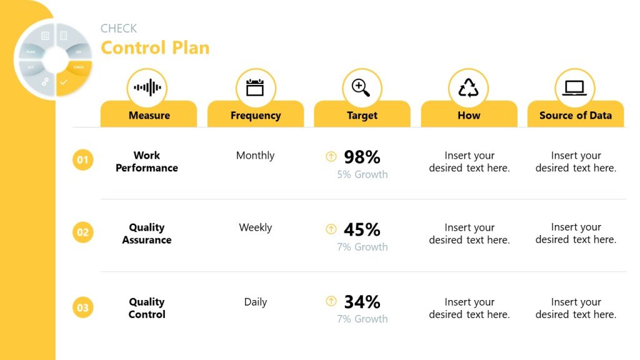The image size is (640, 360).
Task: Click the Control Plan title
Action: tap(155, 48)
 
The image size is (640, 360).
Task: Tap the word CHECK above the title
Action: tap(119, 28)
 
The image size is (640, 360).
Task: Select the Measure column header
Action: tap(149, 115)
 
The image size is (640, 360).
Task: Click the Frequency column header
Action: tap(255, 115)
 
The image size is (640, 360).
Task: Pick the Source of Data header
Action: tap(575, 115)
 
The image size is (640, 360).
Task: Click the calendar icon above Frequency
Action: tap(255, 87)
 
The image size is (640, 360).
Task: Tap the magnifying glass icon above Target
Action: tap(361, 87)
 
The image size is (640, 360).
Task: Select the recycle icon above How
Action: tap(468, 87)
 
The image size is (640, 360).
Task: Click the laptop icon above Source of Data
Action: tap(574, 87)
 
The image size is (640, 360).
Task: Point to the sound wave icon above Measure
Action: tap(147, 87)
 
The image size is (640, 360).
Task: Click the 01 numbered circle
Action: tap(82, 160)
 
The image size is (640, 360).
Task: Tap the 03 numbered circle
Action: tap(82, 307)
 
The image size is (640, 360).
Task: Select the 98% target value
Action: tap(362, 157)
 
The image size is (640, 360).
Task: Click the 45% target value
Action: tap(362, 229)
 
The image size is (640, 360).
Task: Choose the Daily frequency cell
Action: tap(255, 302)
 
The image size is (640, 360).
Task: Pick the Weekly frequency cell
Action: tap(255, 227)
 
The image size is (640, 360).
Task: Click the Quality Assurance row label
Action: tap(147, 234)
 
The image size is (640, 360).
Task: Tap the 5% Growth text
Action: tap(362, 174)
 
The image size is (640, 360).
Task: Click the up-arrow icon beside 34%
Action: tap(331, 302)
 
